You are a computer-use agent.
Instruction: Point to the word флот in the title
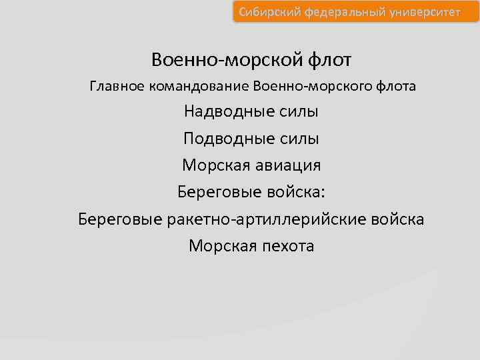click(329, 60)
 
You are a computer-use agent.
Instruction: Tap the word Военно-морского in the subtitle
click(311, 86)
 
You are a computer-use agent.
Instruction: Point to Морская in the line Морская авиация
click(212, 165)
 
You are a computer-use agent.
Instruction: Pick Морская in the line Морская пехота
click(218, 246)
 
